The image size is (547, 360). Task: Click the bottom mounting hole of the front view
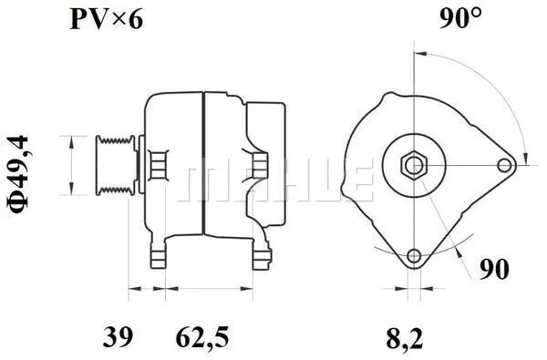coord(415,256)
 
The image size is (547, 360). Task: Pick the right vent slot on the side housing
coord(260,165)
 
